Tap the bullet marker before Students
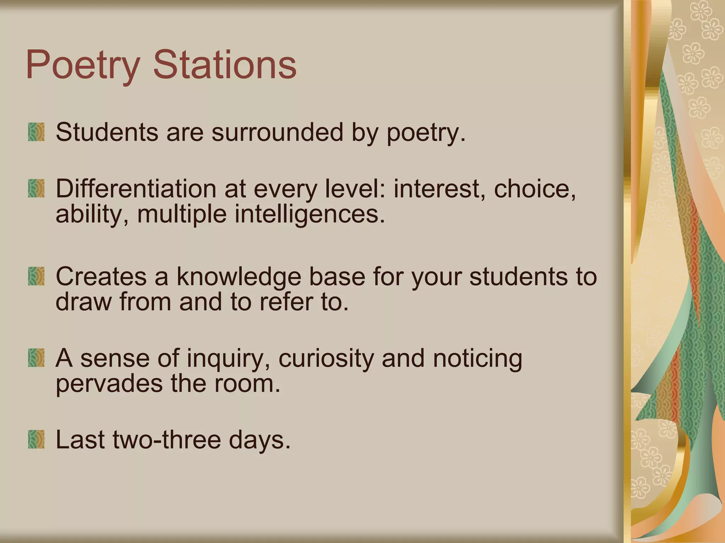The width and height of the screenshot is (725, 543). (36, 132)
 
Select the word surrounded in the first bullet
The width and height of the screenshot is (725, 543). (277, 132)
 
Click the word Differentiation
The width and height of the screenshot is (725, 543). (136, 188)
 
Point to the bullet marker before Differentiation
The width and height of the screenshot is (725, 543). (36, 188)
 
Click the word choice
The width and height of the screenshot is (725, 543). (535, 188)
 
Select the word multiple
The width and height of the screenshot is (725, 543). (182, 215)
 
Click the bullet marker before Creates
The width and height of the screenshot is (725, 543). (36, 276)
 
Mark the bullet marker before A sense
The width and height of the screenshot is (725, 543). (36, 358)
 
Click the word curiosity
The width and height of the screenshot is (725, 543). (326, 358)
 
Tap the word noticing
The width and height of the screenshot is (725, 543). (478, 358)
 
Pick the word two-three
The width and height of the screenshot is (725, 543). (166, 439)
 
